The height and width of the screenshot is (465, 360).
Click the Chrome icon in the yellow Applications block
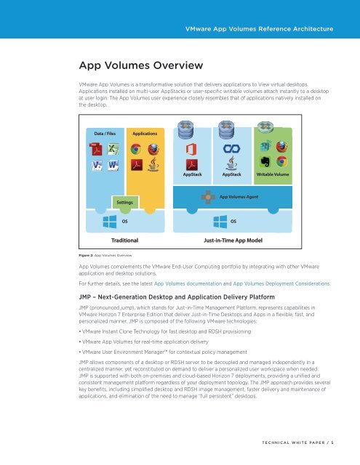[135, 150]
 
